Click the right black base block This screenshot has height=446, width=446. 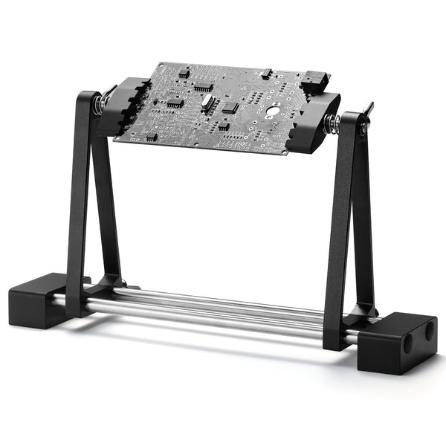tap(397, 342)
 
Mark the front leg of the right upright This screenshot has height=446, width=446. tap(340, 238)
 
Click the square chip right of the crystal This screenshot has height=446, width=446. tap(230, 107)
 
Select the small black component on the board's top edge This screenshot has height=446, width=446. tap(265, 74)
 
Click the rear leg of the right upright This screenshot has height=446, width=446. tap(362, 223)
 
